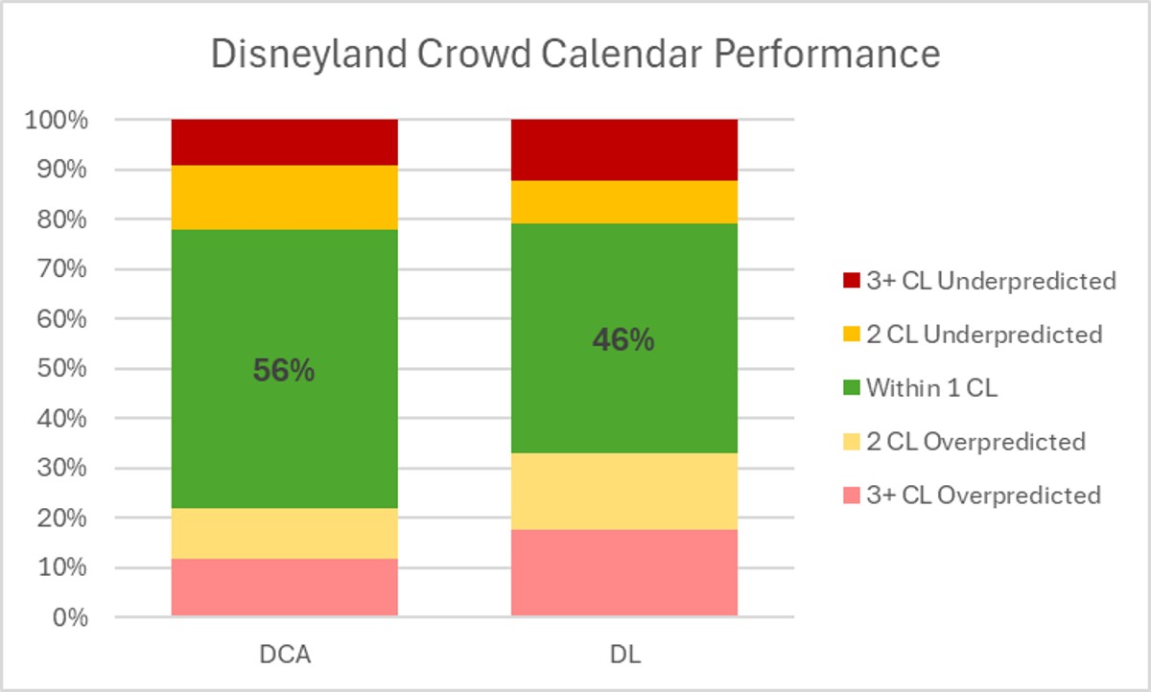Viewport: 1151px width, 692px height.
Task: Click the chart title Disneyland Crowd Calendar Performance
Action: (575, 55)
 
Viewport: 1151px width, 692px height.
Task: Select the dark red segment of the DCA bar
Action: (285, 142)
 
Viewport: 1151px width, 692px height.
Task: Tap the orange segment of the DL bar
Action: (624, 201)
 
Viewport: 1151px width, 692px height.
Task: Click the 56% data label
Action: (284, 372)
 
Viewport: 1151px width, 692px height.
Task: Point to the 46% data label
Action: (623, 340)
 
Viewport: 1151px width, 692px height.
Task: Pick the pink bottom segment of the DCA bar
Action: (285, 587)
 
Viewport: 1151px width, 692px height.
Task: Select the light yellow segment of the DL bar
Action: (624, 491)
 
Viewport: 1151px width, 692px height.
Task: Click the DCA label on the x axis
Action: (284, 657)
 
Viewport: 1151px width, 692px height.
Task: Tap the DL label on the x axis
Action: (623, 657)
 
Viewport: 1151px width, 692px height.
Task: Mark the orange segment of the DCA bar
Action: (285, 197)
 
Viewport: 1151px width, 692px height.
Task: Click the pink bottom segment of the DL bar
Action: (624, 572)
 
